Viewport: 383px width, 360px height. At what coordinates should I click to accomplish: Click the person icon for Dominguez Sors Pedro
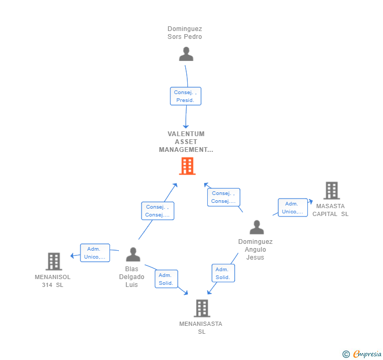click(x=186, y=54)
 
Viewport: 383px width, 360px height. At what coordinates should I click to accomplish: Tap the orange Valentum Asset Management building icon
click(x=187, y=166)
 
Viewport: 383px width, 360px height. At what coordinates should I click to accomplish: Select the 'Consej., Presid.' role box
click(x=185, y=96)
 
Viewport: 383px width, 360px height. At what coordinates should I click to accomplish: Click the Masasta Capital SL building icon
click(x=331, y=191)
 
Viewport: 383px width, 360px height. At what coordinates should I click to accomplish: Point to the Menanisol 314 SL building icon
click(x=54, y=261)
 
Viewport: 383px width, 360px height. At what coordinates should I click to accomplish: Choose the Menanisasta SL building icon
click(x=201, y=308)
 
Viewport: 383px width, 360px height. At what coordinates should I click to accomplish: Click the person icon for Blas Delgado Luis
click(x=133, y=255)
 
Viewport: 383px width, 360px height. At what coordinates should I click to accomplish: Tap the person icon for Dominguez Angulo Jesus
click(x=256, y=228)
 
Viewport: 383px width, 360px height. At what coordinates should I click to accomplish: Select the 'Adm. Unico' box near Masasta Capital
click(x=293, y=208)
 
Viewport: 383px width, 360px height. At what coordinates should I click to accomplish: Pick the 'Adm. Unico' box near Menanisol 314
click(x=95, y=253)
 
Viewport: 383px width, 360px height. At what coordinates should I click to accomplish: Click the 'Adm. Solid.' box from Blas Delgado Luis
click(x=166, y=279)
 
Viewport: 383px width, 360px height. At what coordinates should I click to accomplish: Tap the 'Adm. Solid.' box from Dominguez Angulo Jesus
click(x=223, y=273)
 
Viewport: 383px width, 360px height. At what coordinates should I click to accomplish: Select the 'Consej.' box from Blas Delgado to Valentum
click(x=157, y=211)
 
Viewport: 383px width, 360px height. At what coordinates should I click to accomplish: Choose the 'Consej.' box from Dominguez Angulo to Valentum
click(x=223, y=197)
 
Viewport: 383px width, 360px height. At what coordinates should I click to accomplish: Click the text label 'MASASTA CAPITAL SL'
click(x=330, y=210)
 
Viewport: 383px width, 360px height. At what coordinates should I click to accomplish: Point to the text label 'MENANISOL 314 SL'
click(x=53, y=281)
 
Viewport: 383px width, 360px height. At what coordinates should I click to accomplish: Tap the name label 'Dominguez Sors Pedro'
click(x=185, y=33)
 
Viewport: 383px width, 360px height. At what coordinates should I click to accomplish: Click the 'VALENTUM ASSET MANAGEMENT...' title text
click(x=186, y=142)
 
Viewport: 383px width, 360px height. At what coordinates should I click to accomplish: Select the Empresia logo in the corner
click(x=362, y=354)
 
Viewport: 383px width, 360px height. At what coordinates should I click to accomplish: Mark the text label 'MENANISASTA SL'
click(x=201, y=327)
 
